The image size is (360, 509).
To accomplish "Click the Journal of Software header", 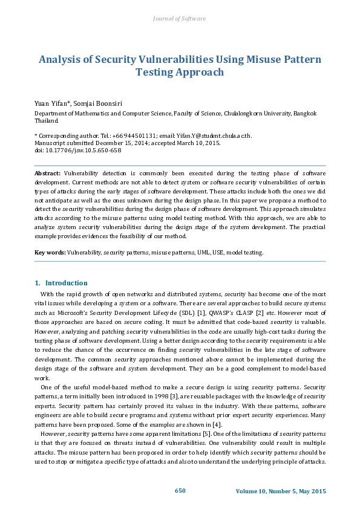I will coord(180,19).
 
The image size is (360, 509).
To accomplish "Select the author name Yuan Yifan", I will coord(49,103).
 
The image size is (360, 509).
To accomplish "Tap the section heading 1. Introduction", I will coord(61,283).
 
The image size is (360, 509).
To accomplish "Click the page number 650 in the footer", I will coord(180,490).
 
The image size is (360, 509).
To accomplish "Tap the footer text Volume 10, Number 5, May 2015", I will coord(280,491).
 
